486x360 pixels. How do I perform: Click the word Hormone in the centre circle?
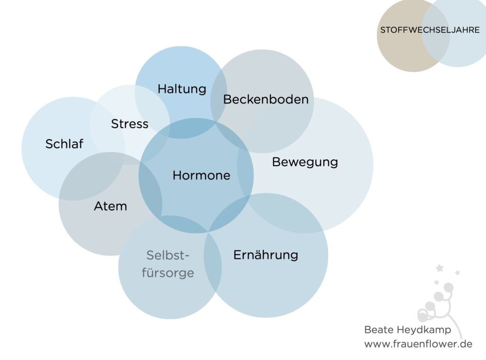[x=201, y=176]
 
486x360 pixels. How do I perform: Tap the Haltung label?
[x=182, y=89]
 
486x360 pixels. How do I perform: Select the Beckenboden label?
[x=266, y=100]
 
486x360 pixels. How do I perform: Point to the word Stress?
[x=130, y=124]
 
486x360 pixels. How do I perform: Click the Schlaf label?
[x=64, y=144]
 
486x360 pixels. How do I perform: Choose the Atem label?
[x=110, y=206]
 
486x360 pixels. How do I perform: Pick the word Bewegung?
[x=305, y=162]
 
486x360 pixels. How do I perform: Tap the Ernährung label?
[x=266, y=255]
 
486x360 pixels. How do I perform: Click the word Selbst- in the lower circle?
[x=168, y=256]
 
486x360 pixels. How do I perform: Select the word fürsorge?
[x=168, y=273]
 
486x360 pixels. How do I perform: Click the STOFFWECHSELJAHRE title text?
[x=430, y=30]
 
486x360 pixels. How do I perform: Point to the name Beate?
[x=379, y=330]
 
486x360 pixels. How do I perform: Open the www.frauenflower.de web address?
[x=418, y=344]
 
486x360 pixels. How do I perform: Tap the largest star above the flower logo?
[x=439, y=268]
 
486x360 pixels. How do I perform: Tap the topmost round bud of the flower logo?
[x=449, y=288]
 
